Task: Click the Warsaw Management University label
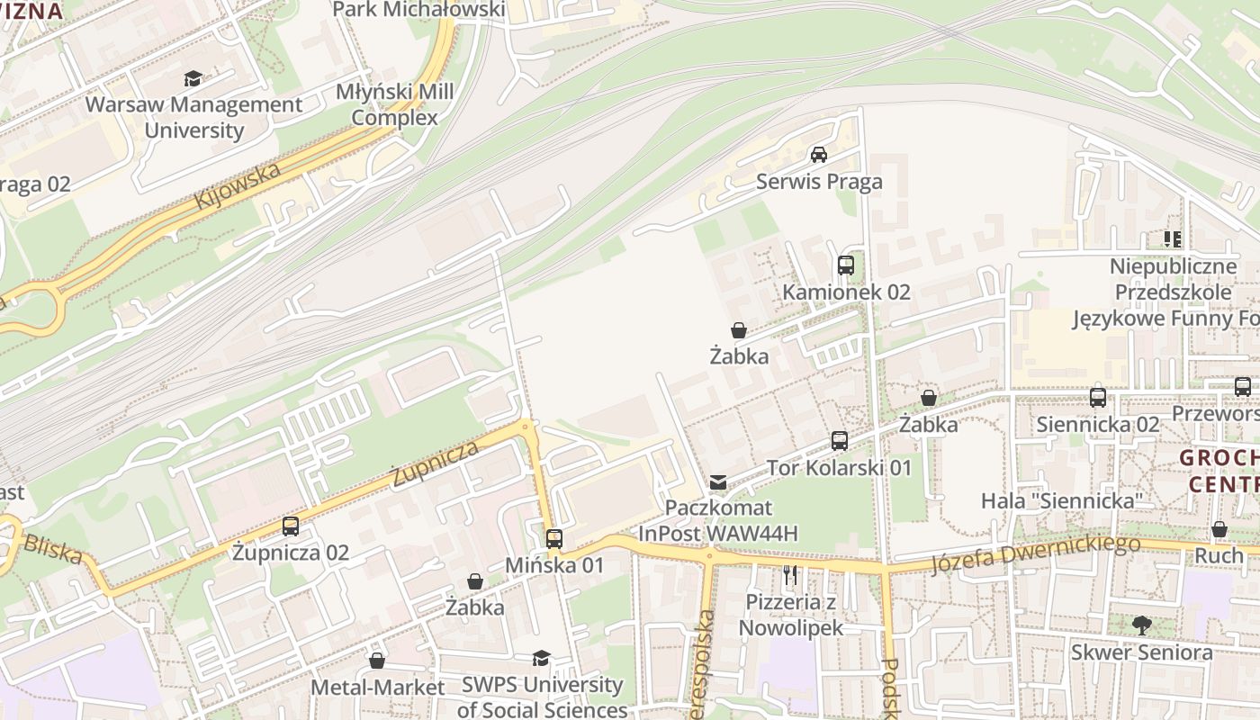pos(193,117)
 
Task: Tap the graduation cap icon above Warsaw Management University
pos(193,79)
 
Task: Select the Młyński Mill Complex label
pos(394,104)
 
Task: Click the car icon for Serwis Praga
pos(819,155)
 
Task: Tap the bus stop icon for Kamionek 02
pos(846,265)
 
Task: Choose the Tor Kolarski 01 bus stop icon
pos(840,441)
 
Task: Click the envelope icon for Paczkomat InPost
pos(717,483)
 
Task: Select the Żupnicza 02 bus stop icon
pos(291,526)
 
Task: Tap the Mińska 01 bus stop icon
pos(554,539)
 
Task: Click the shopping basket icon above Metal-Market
pos(377,661)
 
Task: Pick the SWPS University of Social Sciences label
pos(542,697)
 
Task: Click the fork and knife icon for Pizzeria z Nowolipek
pos(790,574)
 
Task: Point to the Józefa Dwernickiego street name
pos(1035,553)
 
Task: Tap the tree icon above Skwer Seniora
pos(1141,625)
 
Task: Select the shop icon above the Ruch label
pos(1219,529)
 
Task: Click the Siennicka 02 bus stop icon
pos(1098,398)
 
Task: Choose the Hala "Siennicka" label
pos(1061,500)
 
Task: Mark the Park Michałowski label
pos(418,9)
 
